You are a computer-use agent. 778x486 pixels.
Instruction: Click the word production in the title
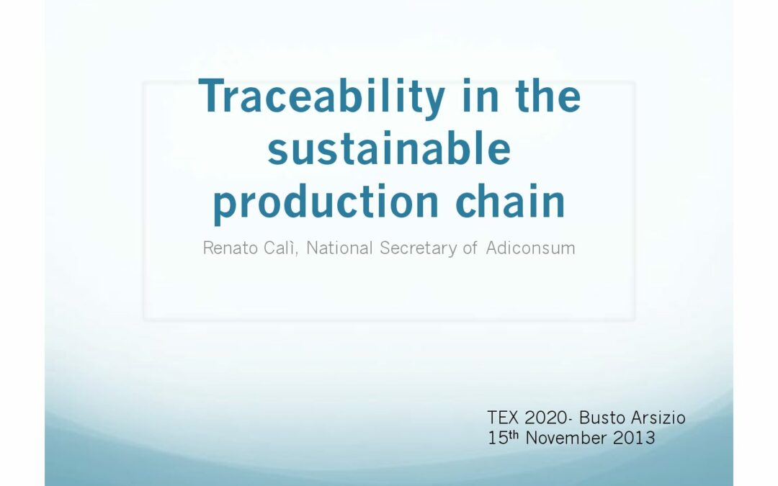click(326, 203)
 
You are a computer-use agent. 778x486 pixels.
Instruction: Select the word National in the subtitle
click(339, 248)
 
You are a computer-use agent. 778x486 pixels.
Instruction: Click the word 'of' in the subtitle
click(470, 248)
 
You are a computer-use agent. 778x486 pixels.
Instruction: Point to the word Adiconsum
click(530, 248)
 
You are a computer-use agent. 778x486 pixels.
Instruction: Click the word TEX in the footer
click(503, 418)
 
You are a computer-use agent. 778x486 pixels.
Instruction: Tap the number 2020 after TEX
click(546, 418)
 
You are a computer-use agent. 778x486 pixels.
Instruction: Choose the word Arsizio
click(658, 418)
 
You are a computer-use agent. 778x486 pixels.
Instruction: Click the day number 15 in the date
click(496, 438)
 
